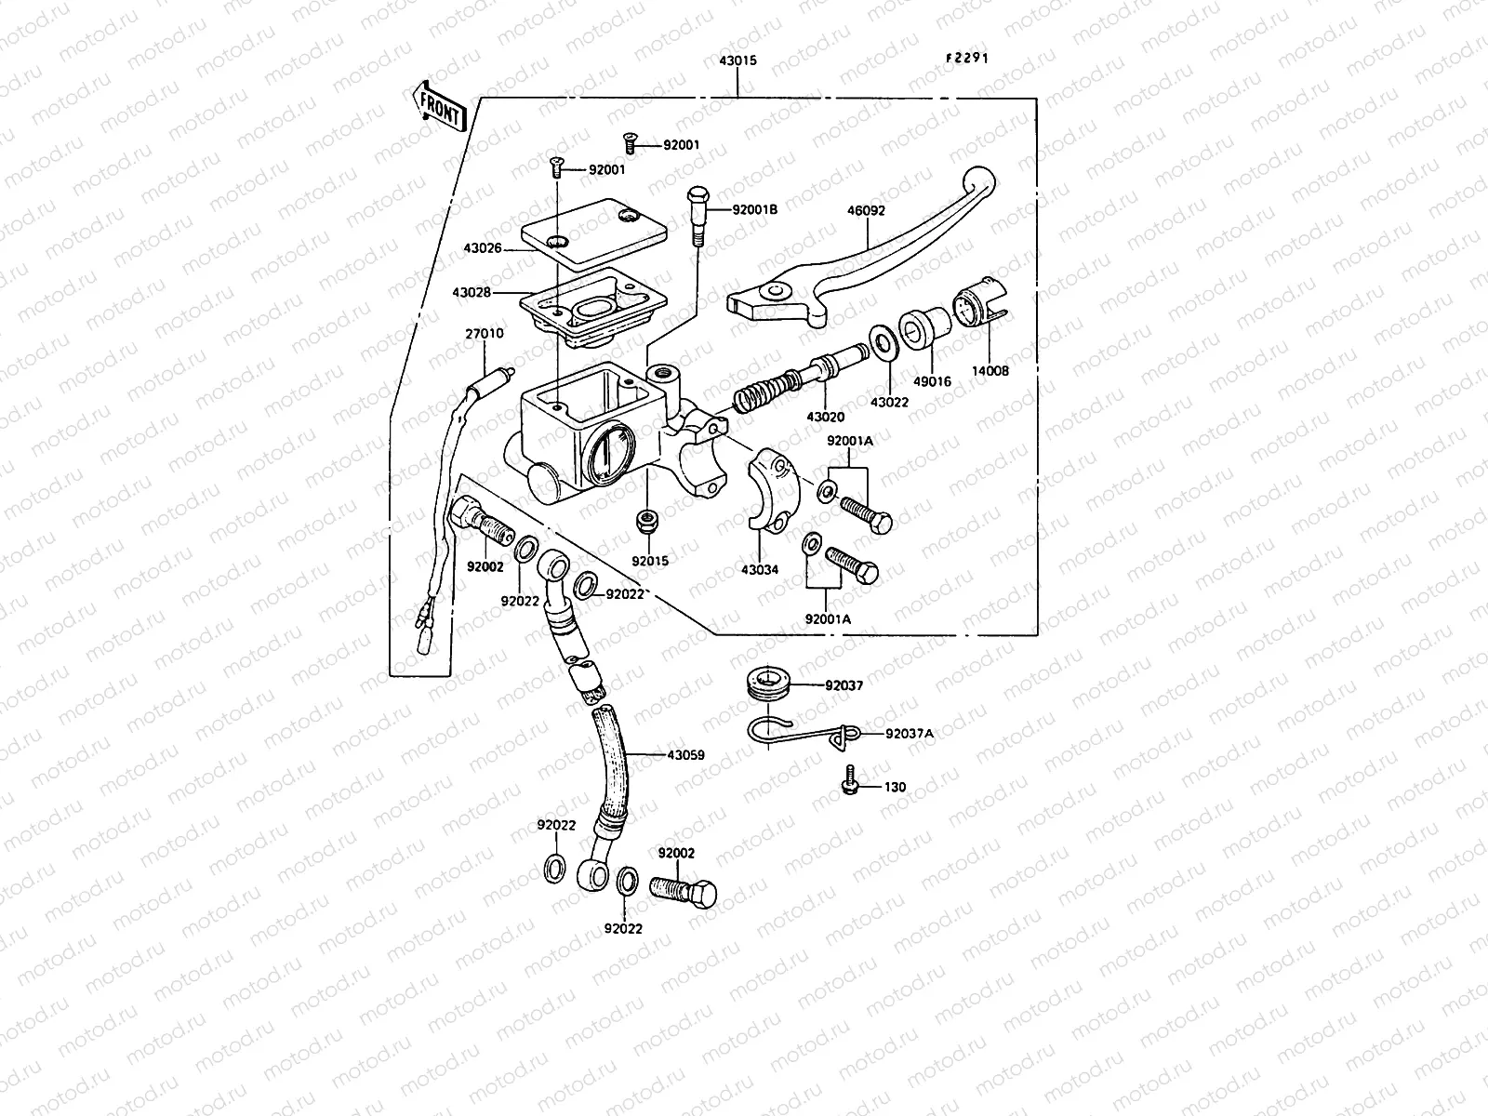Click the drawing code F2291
click(x=966, y=58)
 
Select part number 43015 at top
click(x=737, y=60)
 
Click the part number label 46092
click(x=865, y=211)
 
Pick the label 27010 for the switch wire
click(x=485, y=333)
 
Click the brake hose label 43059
click(x=685, y=755)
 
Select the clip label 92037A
click(x=909, y=734)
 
